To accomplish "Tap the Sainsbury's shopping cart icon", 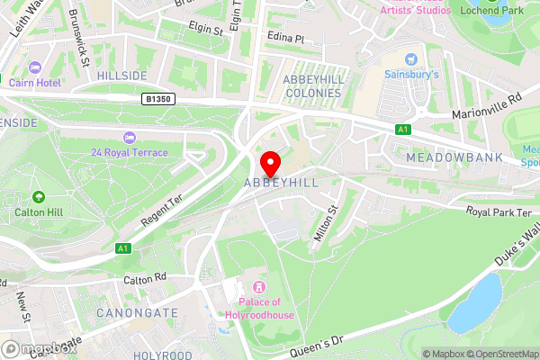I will [x=411, y=58].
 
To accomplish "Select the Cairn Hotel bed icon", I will [x=36, y=68].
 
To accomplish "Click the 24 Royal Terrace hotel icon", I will [x=129, y=137].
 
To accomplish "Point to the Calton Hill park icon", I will [x=38, y=197].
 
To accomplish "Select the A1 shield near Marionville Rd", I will [x=402, y=130].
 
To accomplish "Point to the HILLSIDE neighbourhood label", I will [x=122, y=76].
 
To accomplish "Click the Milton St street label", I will [x=323, y=221].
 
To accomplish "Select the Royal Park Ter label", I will [x=499, y=212].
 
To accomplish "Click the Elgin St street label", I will [x=205, y=31].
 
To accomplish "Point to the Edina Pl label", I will [x=286, y=40].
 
